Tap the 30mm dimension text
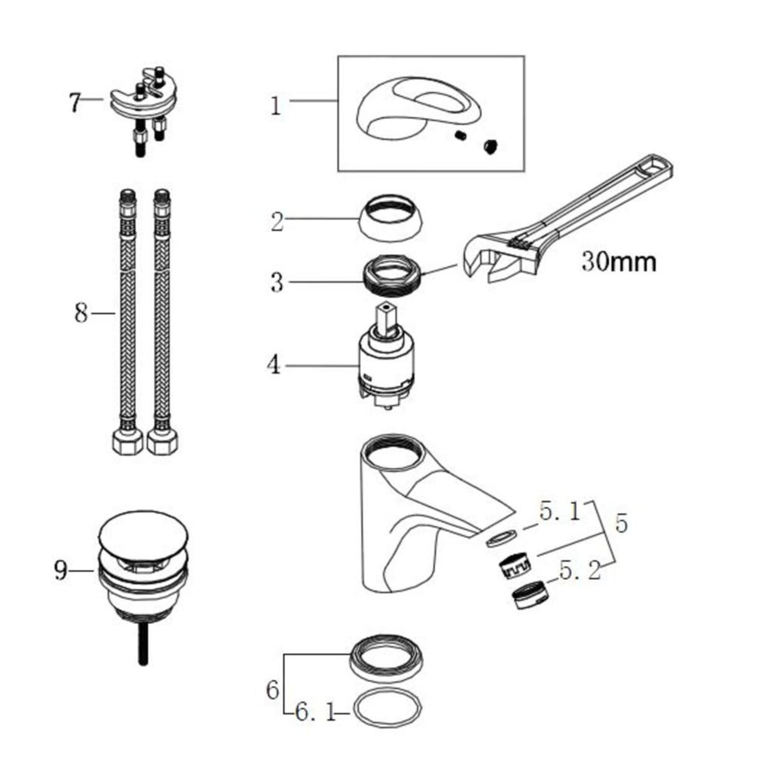coord(619,262)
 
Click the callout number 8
coord(81,314)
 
